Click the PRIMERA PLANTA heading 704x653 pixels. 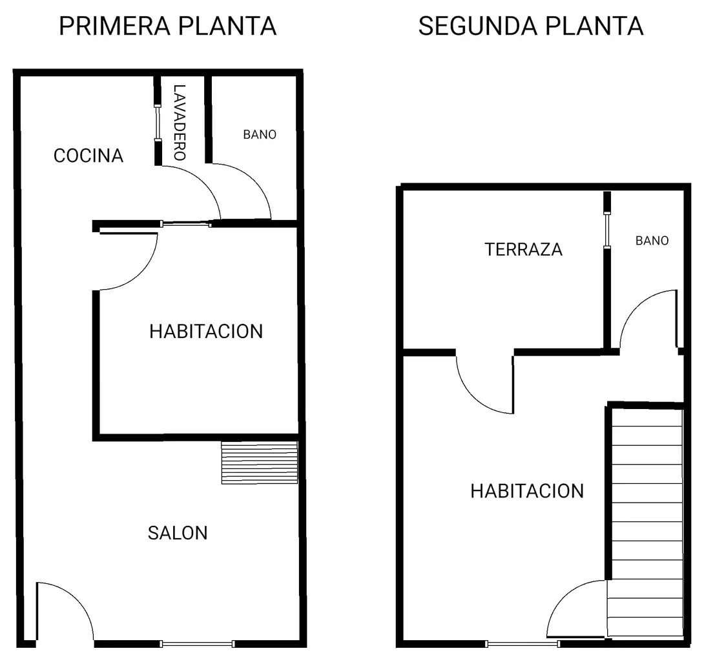[167, 26]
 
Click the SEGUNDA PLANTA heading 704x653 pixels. [531, 26]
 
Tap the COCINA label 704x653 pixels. [88, 156]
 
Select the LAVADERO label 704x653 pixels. [180, 123]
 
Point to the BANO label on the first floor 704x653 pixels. [260, 135]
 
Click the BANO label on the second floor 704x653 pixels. [652, 241]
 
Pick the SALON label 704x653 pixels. [178, 533]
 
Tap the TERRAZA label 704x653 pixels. [524, 249]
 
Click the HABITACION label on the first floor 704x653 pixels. [206, 332]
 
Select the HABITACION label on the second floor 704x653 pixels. [527, 491]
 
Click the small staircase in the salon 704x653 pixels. [260, 463]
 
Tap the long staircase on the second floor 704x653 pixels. [647, 523]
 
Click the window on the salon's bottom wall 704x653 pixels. [197, 644]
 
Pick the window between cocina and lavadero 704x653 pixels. [158, 123]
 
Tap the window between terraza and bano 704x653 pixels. [607, 230]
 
